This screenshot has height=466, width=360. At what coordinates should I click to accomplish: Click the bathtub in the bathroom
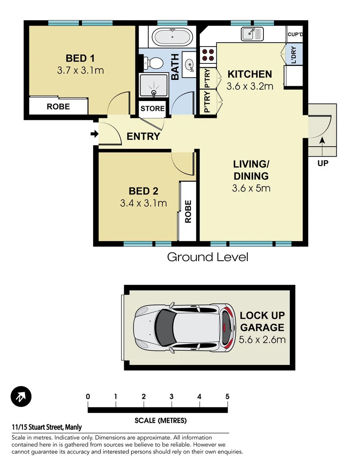(x=172, y=37)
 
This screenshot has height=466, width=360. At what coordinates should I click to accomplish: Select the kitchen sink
(x=252, y=33)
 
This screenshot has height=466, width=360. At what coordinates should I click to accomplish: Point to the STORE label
(x=153, y=108)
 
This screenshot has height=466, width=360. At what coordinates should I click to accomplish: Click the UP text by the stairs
(x=322, y=164)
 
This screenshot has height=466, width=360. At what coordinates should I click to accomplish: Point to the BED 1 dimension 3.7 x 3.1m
(x=80, y=70)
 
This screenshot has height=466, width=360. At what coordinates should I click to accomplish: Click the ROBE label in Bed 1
(x=58, y=106)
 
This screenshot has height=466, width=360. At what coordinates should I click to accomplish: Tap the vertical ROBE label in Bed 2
(x=188, y=211)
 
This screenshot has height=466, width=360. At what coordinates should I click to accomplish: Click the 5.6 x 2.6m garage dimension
(x=262, y=340)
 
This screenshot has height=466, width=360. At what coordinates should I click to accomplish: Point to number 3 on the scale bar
(x=171, y=397)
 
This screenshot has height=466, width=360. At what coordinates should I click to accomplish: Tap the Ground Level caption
(x=207, y=258)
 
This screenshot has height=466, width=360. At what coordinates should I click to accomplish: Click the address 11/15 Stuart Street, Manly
(x=47, y=428)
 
